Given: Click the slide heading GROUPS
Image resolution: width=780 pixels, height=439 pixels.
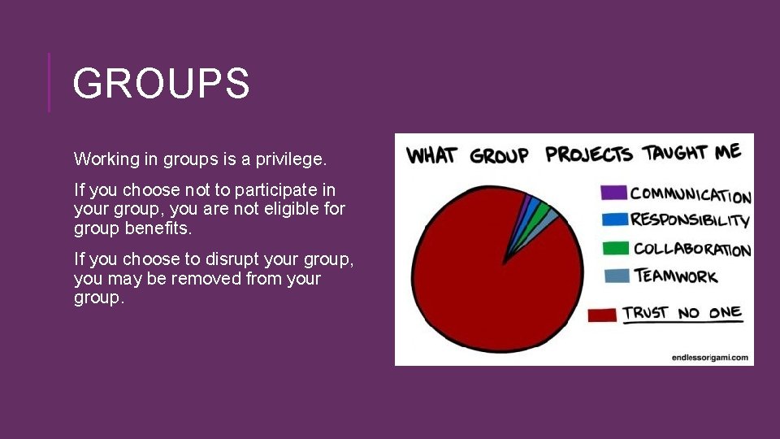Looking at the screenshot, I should click(x=161, y=84).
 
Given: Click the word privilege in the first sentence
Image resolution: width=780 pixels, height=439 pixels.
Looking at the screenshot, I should click(x=290, y=159).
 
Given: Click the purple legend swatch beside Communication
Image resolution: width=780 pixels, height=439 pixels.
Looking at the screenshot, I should click(x=613, y=193).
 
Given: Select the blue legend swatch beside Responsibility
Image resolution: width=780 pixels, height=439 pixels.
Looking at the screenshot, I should click(x=613, y=219).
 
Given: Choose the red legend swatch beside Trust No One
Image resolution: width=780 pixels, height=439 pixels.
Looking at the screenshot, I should click(x=602, y=315).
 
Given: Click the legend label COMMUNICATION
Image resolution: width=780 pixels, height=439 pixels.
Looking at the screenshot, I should click(x=691, y=195).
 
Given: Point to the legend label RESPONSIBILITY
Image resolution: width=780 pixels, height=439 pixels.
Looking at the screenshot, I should click(x=690, y=220).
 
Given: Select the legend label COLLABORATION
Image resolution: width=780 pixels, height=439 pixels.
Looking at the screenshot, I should click(x=691, y=250).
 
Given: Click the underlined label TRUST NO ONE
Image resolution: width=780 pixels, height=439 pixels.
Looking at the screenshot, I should click(x=682, y=313).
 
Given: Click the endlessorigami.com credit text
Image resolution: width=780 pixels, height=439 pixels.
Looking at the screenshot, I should click(x=711, y=357).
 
